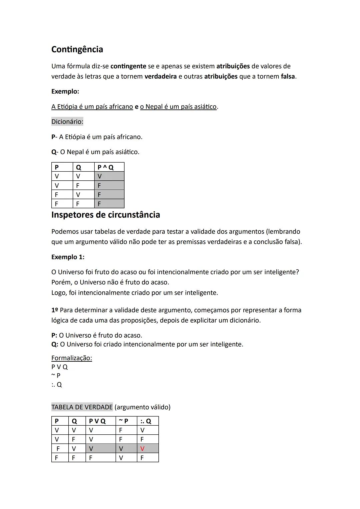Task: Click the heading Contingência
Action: pos(77,49)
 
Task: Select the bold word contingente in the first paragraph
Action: pos(128,66)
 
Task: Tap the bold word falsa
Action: pos(288,76)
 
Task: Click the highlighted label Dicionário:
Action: pos(67,122)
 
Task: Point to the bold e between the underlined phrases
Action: pos(136,107)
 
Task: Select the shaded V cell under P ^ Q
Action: pos(100,176)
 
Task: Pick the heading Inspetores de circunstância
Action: pos(105,215)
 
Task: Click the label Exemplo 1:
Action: pos(68,257)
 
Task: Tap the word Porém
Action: pos(61,282)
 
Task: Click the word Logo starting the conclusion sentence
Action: pos(59,293)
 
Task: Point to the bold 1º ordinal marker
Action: pos(55,310)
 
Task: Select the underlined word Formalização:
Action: pos(71,358)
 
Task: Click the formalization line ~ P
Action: pos(56,376)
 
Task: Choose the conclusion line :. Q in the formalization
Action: pos(56,385)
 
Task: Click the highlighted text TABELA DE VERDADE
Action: pos(82,407)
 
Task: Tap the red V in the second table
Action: pos(142,448)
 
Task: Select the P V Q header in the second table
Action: pos(97,421)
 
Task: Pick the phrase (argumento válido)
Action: pos(142,407)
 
